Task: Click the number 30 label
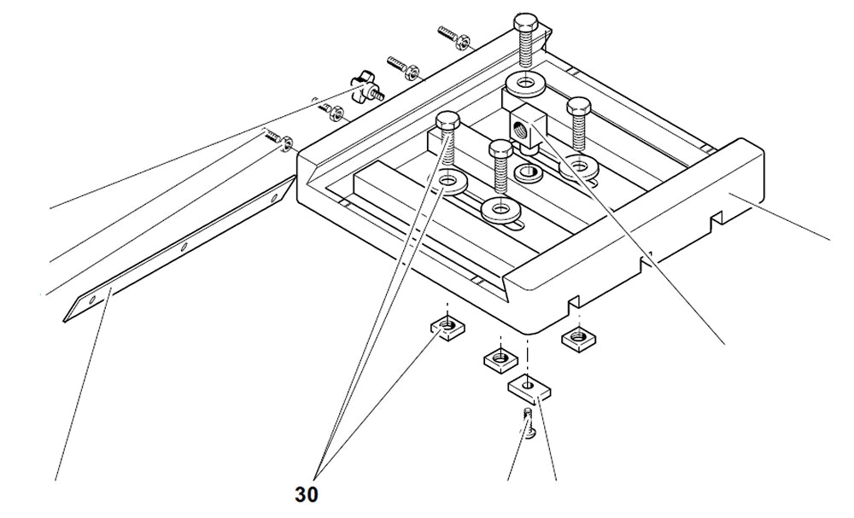tap(307, 494)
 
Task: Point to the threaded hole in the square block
tap(518, 126)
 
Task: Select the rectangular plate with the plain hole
tap(529, 388)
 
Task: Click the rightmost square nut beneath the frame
tap(576, 337)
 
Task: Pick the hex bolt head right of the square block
tap(579, 107)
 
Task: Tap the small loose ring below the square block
tap(528, 173)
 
